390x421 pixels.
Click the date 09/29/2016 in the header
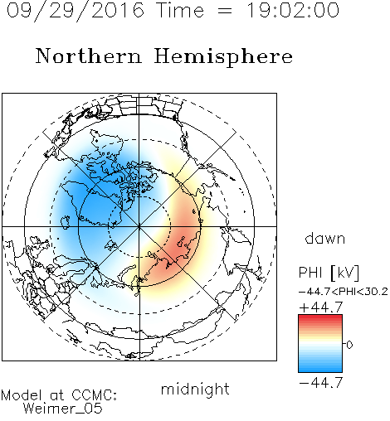76,11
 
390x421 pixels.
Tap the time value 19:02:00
293,10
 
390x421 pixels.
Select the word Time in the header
180,10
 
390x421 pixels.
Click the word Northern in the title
89,56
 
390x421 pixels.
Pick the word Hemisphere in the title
223,57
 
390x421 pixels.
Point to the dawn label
325,238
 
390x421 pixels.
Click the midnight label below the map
195,389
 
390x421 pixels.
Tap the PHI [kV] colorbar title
329,273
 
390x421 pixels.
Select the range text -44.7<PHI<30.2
343,292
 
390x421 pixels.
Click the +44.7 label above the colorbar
321,307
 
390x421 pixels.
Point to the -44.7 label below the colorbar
321,383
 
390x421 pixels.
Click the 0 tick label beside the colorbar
349,345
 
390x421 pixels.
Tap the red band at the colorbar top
320,317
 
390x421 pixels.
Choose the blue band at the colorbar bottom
320,370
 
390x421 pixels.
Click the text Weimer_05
63,409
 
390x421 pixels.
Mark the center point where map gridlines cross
139,226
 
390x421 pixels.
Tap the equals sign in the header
225,11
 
